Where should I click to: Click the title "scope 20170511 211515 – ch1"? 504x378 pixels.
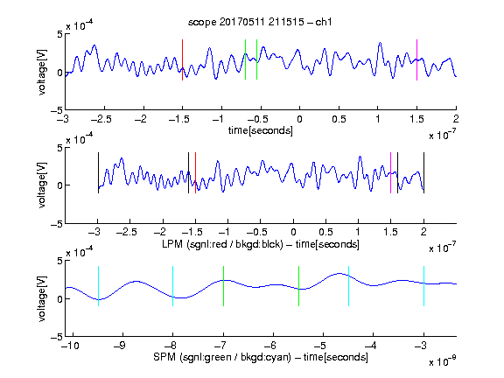pos(260,22)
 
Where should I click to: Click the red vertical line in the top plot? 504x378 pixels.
pos(182,59)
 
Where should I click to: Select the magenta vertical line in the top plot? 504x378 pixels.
pos(416,59)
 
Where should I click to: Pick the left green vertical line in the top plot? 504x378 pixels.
pos(245,59)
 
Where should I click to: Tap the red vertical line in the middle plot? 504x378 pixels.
pos(195,173)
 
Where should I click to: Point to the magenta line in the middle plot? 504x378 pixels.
pos(390,173)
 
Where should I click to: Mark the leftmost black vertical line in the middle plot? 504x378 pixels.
pos(98,173)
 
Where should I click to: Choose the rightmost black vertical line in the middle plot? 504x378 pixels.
pos(424,173)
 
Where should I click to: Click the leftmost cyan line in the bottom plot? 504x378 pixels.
pos(98,286)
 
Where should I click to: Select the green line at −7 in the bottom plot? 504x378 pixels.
pos(223,286)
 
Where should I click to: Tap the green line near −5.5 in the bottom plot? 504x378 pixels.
pos(298,286)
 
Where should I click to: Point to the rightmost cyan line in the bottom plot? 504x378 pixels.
pos(424,286)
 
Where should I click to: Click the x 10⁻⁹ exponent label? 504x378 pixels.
pos(442,361)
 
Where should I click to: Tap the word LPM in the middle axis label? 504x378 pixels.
pos(172,244)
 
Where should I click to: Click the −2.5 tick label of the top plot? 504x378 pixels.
pos(101,119)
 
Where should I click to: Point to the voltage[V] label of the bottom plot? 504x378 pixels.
pos(42,298)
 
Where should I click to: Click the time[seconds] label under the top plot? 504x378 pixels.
pos(261,130)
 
